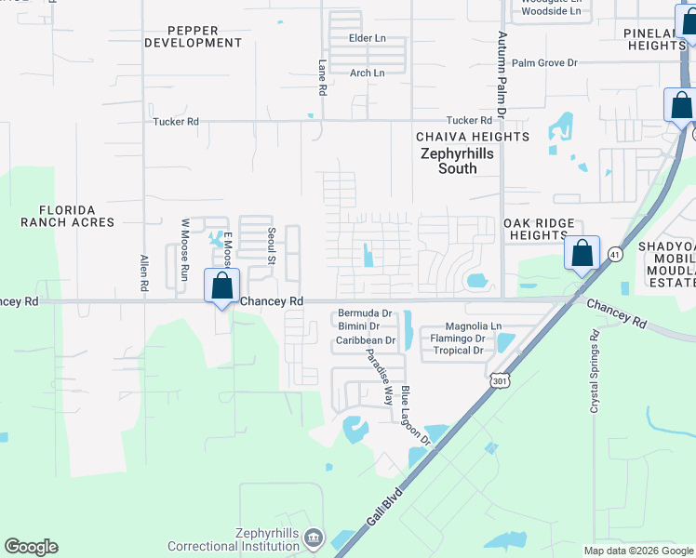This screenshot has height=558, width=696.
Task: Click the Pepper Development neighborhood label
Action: pyautogui.click(x=193, y=36)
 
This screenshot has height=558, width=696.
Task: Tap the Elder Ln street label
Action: pyautogui.click(x=367, y=38)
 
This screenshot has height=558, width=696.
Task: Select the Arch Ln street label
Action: pyautogui.click(x=367, y=73)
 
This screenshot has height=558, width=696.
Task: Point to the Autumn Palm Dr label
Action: pyautogui.click(x=501, y=74)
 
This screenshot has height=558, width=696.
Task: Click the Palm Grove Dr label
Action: pyautogui.click(x=544, y=63)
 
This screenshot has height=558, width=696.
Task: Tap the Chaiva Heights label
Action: pyautogui.click(x=472, y=137)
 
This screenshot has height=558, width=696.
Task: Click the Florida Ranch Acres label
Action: pyautogui.click(x=68, y=216)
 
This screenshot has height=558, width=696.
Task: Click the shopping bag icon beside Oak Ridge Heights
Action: pyautogui.click(x=582, y=253)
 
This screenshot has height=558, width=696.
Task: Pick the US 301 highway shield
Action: pyautogui.click(x=501, y=380)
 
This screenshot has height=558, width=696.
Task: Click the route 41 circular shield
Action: pyautogui.click(x=615, y=254)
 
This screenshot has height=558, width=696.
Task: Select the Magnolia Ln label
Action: pyautogui.click(x=474, y=326)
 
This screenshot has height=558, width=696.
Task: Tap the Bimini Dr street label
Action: pyautogui.click(x=358, y=326)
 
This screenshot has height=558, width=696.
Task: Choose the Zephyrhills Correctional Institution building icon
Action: pyautogui.click(x=315, y=538)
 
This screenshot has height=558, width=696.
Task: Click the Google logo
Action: pyautogui.click(x=31, y=547)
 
